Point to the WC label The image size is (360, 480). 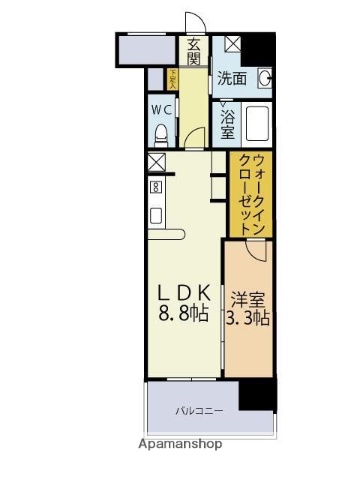(163, 109)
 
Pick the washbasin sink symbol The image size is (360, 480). (266, 78)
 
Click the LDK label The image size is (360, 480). (180, 291)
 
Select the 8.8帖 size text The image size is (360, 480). (181, 313)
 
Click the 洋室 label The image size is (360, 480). (249, 298)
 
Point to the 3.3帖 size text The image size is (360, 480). (249, 319)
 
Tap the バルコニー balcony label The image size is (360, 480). (201, 411)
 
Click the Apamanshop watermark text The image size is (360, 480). (180, 443)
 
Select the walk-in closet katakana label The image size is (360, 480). (250, 194)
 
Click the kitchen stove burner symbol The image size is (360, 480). (156, 187)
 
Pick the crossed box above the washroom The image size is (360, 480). (232, 44)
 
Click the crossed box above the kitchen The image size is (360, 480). (156, 161)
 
